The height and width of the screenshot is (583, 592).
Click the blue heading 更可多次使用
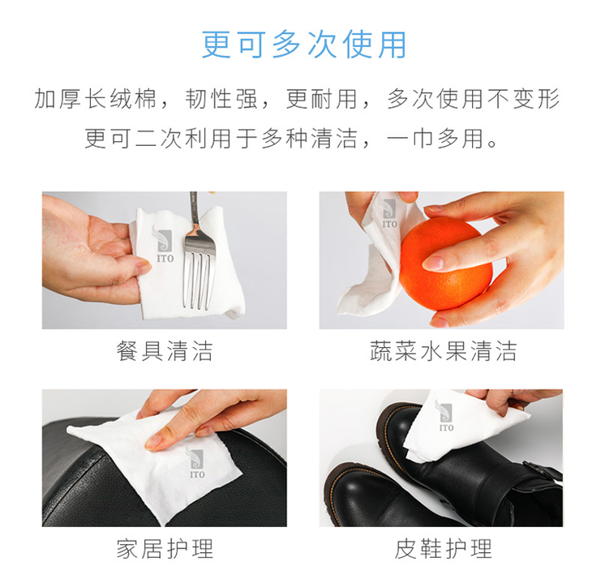[304, 45]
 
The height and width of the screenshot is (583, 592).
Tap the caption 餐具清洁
[165, 351]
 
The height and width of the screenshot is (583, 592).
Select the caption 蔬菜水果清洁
[443, 351]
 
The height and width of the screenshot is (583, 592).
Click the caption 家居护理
[165, 549]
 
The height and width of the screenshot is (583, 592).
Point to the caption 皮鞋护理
[443, 549]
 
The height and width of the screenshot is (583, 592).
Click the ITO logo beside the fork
[164, 244]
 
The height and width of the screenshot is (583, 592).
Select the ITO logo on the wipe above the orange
[389, 214]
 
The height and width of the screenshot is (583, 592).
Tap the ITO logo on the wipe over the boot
[445, 416]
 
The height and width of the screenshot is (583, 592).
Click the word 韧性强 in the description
[221, 99]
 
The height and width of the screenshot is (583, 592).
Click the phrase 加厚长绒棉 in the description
[95, 99]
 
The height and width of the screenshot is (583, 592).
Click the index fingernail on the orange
[433, 263]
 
